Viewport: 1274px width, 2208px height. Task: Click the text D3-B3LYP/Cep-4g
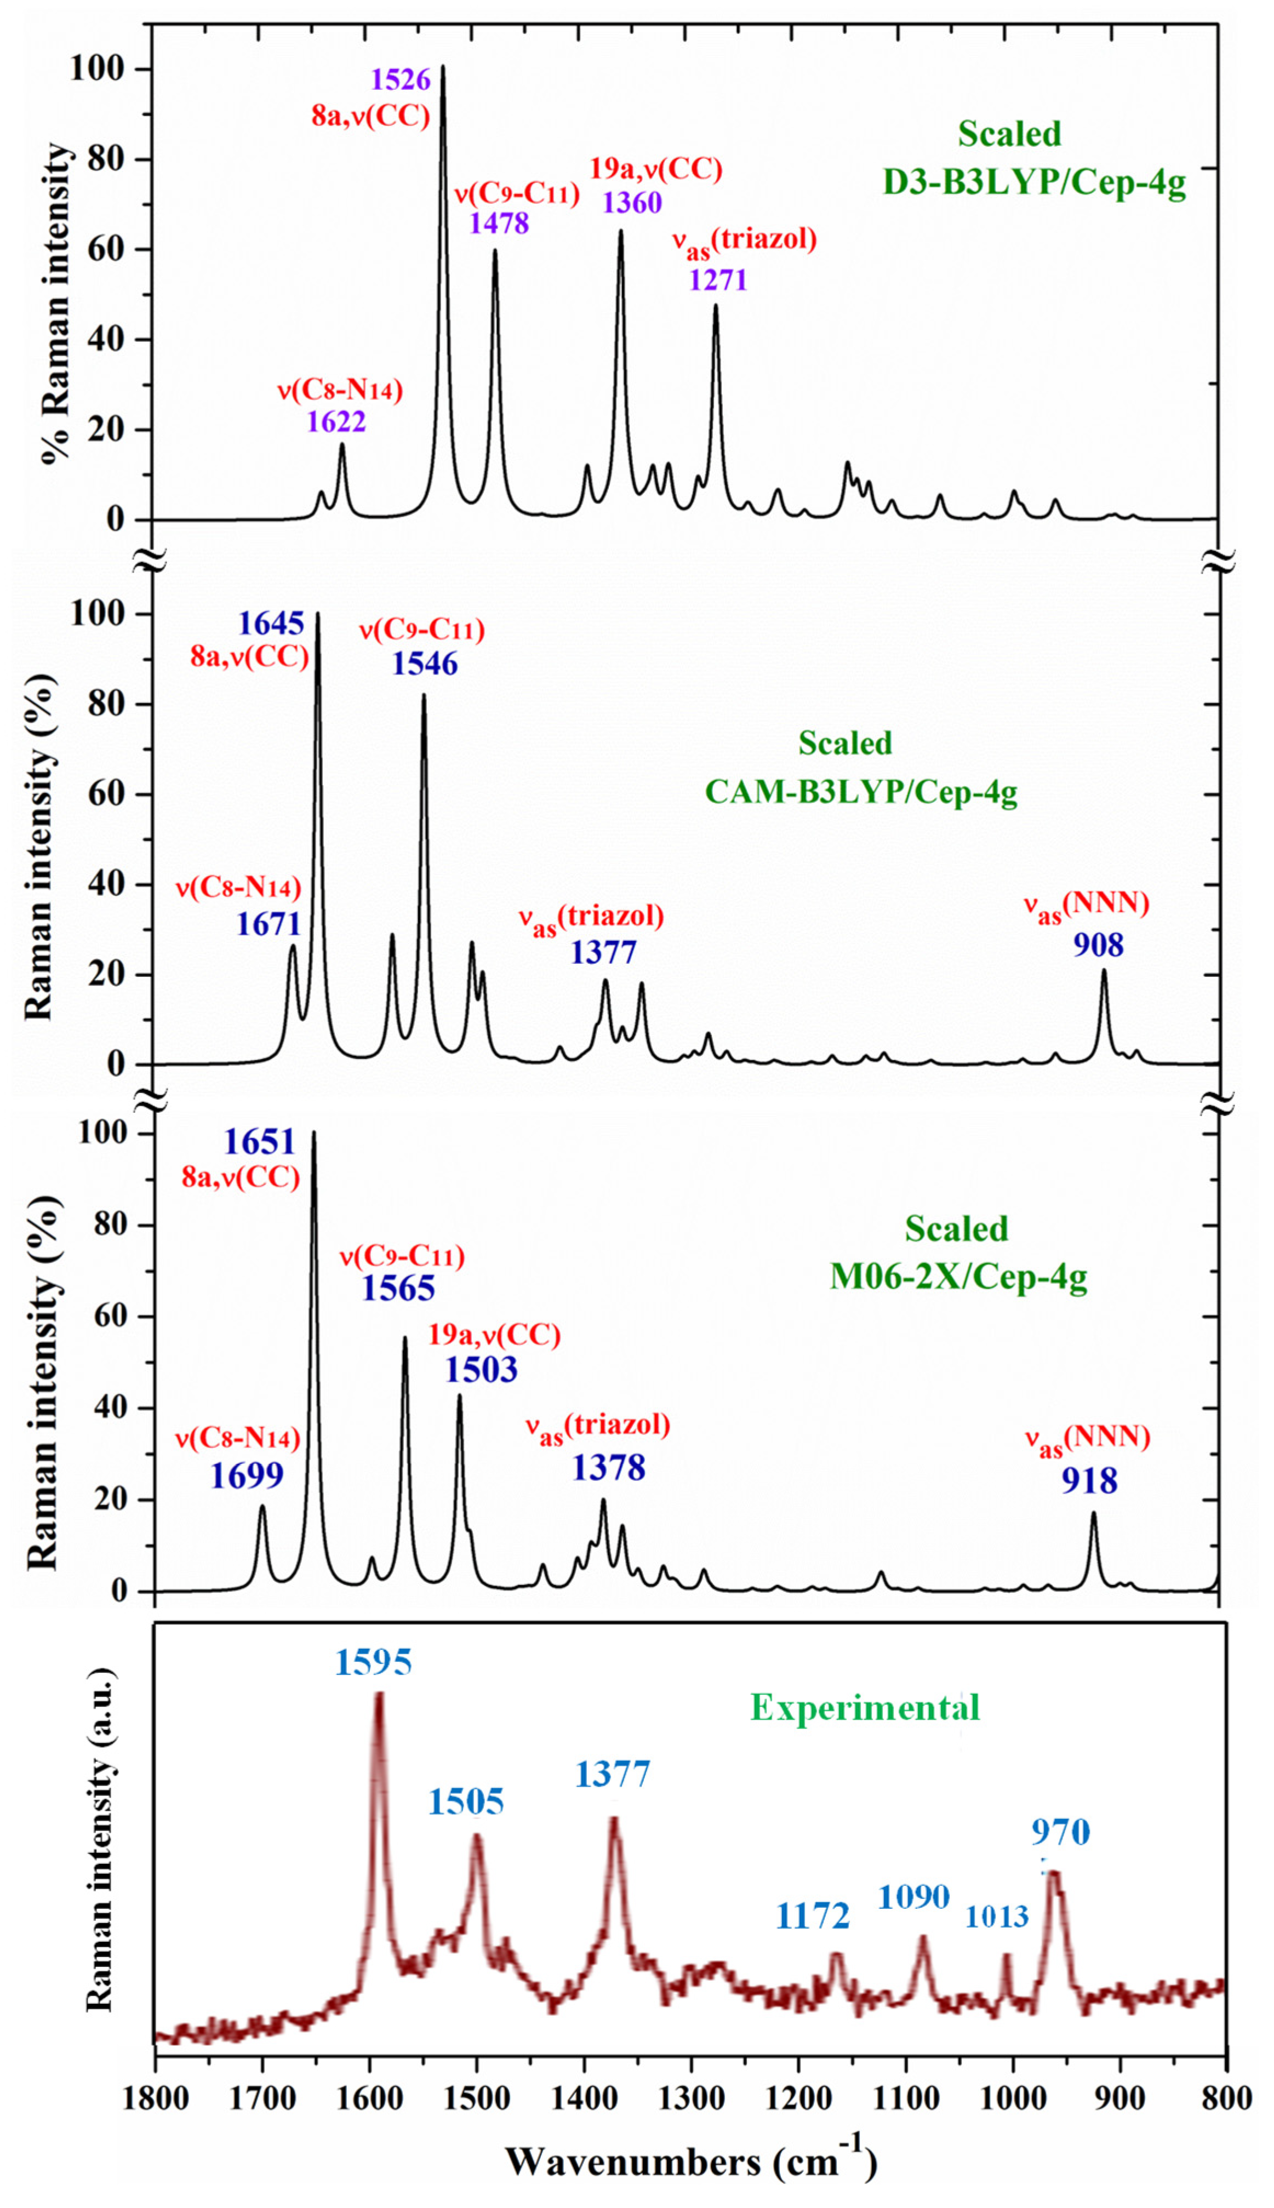pyautogui.click(x=1034, y=185)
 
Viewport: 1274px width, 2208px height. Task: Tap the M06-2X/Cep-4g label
pyautogui.click(x=958, y=1278)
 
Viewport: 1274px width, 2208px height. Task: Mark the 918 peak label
pyautogui.click(x=1089, y=1481)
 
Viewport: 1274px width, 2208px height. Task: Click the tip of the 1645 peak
pyautogui.click(x=318, y=614)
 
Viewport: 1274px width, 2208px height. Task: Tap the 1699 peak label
pyautogui.click(x=247, y=1476)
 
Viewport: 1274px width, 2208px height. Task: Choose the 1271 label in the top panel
pyautogui.click(x=717, y=280)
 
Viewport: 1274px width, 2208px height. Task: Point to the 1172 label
pyautogui.click(x=813, y=1917)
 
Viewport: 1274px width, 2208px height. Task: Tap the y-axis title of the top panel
pyautogui.click(x=58, y=302)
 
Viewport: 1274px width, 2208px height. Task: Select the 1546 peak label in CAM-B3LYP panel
pyautogui.click(x=424, y=664)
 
